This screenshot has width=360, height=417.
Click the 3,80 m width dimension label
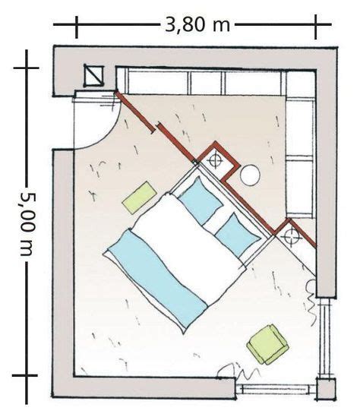pyautogui.click(x=197, y=25)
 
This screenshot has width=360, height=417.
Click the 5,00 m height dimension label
pyautogui.click(x=27, y=225)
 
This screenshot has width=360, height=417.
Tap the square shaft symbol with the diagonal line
pyautogui.click(x=93, y=76)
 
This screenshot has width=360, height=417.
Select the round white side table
pyautogui.click(x=250, y=175)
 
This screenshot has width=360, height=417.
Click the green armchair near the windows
pyautogui.click(x=268, y=344)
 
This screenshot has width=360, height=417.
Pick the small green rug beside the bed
pyautogui.click(x=139, y=197)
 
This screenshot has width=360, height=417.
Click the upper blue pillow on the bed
pyautogui.click(x=201, y=201)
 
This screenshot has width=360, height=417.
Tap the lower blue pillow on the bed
pyautogui.click(x=238, y=235)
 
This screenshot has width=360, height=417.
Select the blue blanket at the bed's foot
pyautogui.click(x=158, y=280)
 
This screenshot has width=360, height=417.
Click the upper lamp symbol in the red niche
pyautogui.click(x=215, y=160)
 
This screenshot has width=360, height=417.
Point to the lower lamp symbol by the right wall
pyautogui.click(x=291, y=237)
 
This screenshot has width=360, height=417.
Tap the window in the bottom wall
pyautogui.click(x=276, y=389)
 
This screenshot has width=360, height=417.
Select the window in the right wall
pyautogui.click(x=327, y=337)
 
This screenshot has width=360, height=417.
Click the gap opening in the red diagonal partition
pyautogui.click(x=156, y=128)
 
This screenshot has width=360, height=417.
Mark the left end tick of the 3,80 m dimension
pyautogui.click(x=77, y=27)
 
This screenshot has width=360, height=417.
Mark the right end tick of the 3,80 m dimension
pyautogui.click(x=316, y=27)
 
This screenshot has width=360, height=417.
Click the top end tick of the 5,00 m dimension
pyautogui.click(x=27, y=68)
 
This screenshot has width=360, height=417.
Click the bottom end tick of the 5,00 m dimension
pyautogui.click(x=25, y=375)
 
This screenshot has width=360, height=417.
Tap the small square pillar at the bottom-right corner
pyautogui.click(x=326, y=389)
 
